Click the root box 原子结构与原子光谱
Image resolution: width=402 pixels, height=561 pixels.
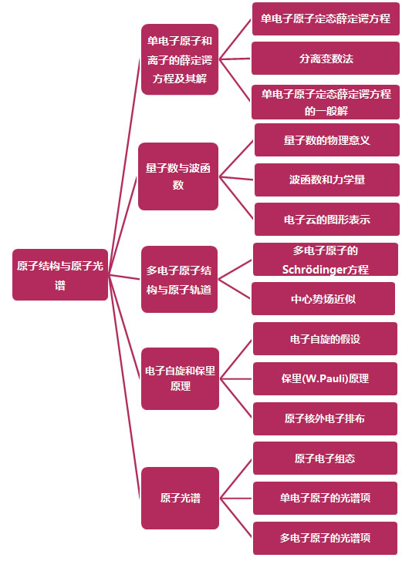pos(60,275)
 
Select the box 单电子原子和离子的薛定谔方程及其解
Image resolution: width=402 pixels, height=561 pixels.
pos(180,59)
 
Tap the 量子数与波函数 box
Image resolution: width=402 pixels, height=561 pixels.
pos(178,176)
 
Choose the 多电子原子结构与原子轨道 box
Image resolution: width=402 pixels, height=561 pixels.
pos(179,280)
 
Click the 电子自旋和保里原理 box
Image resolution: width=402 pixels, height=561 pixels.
pos(180,378)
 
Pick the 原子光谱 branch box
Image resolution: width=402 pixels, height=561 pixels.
pos(180,498)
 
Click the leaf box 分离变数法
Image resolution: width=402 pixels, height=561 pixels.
pos(326,59)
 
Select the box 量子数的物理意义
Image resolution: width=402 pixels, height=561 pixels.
pos(327,140)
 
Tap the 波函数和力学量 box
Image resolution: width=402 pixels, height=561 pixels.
pos(327,180)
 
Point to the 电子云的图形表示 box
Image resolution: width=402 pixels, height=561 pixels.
pos(327,220)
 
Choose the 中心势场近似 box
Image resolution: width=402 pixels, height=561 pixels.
pos(323,299)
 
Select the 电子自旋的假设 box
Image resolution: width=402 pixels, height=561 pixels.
pos(325,339)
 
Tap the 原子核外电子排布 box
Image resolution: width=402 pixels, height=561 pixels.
pos(325,418)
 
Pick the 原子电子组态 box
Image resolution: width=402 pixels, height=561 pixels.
pos(325,459)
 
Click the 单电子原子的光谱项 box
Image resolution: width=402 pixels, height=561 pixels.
pos(325,498)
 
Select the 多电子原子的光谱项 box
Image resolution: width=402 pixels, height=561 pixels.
pos(325,538)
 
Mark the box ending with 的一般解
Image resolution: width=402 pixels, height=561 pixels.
pos(326,102)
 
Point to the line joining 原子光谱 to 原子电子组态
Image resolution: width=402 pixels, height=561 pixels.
pos(236,479)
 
